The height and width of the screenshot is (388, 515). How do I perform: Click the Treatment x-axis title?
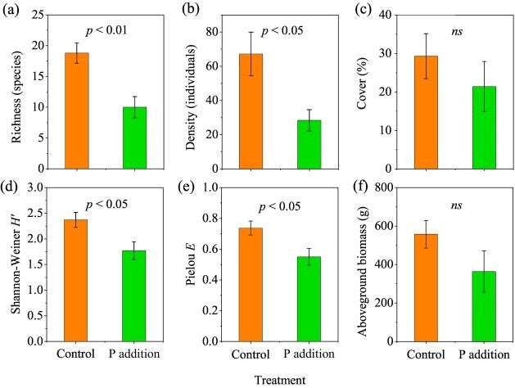(x=279, y=379)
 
